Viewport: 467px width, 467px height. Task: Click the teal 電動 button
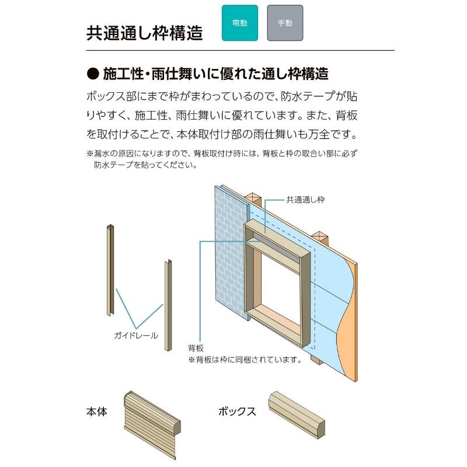tap(239, 23)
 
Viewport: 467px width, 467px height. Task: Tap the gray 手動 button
tap(285, 23)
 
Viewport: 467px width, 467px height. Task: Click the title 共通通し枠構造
tap(144, 33)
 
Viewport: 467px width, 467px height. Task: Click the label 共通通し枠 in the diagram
tap(305, 200)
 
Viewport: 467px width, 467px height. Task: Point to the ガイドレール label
tap(136, 336)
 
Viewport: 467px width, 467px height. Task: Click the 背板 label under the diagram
tap(196, 348)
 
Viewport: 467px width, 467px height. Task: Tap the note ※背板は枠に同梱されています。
tap(245, 360)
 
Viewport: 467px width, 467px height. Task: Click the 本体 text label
tap(96, 412)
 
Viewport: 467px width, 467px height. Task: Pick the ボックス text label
tap(237, 412)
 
